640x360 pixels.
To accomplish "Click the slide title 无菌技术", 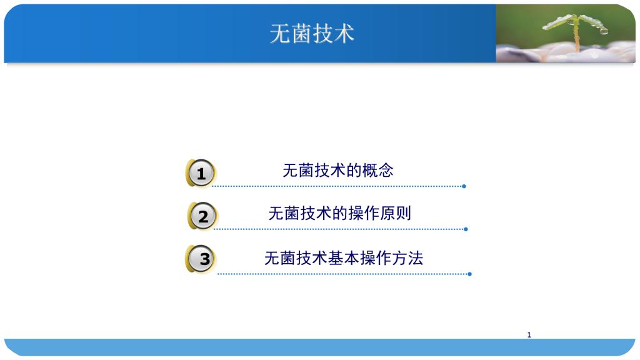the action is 312,34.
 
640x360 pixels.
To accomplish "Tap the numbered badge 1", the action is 201,173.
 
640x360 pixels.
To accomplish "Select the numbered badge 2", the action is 202,216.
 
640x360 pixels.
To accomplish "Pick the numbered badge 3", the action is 201,259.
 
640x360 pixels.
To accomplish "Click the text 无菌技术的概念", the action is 338,170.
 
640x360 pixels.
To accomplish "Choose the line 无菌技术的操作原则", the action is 339,213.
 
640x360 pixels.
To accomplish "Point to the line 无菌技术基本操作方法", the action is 344,258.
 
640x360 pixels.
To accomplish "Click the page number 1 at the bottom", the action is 529,335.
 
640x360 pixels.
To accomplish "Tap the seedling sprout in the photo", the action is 576,31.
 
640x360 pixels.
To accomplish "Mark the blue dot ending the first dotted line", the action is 464,186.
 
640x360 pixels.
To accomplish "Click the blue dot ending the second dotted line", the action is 466,229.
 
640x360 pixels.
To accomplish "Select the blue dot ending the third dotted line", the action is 470,274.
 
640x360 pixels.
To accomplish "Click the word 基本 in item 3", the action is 344,258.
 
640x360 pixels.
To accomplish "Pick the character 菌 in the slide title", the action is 301,34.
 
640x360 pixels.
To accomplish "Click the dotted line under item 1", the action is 338,186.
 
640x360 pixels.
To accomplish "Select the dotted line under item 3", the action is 344,274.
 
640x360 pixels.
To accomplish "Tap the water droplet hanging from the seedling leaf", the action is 604,31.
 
